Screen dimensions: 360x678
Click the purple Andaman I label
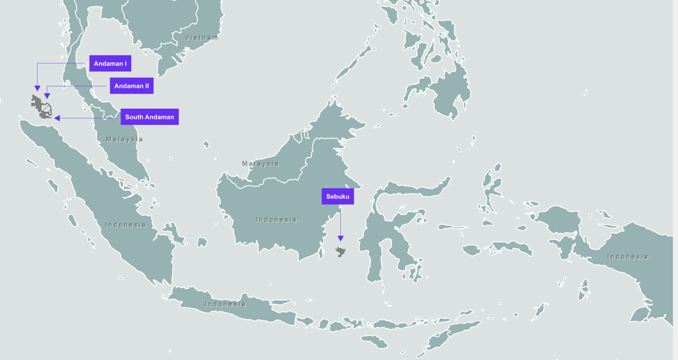(x=110, y=63)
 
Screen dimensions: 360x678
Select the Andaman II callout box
(x=131, y=86)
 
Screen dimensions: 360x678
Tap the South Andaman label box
(x=149, y=117)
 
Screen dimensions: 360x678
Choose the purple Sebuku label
(x=338, y=196)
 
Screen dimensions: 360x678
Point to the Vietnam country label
(x=201, y=38)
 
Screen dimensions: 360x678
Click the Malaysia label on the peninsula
(x=124, y=139)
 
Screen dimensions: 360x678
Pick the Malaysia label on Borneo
(x=260, y=163)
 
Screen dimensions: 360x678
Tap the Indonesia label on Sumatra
(x=126, y=225)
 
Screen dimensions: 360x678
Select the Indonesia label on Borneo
(x=276, y=220)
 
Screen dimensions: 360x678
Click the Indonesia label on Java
(x=225, y=304)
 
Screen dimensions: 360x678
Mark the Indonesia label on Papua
(x=627, y=257)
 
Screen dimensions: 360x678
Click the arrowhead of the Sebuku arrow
(x=340, y=239)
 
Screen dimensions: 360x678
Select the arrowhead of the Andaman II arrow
(x=47, y=96)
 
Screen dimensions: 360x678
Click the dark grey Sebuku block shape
(x=340, y=252)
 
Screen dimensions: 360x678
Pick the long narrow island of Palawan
(x=353, y=61)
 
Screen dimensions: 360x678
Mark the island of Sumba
(x=374, y=341)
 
